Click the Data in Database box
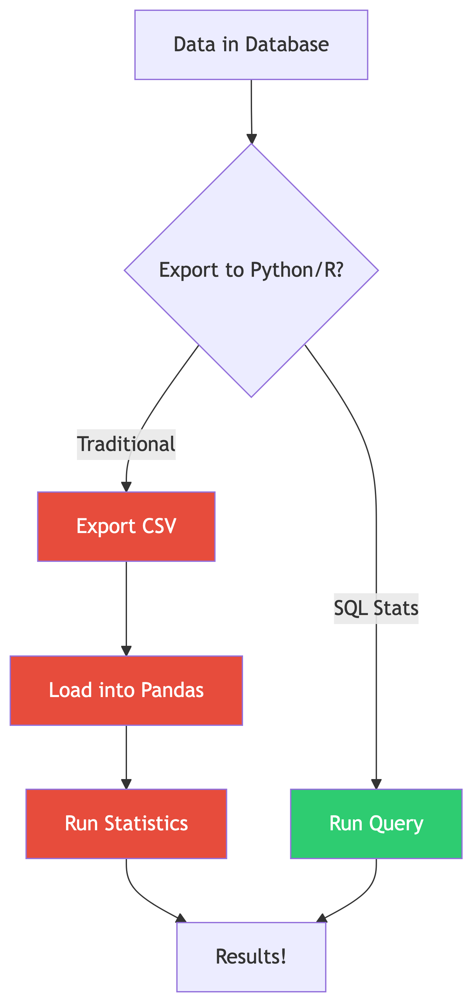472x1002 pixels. (251, 45)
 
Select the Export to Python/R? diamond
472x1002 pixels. (251, 270)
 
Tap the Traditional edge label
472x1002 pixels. (126, 444)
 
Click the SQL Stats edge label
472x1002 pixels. (376, 608)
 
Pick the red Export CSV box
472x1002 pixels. (126, 526)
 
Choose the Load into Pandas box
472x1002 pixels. (126, 690)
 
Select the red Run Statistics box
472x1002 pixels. (126, 824)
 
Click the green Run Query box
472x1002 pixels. (376, 824)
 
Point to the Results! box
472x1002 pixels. (251, 957)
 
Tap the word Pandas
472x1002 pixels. (172, 690)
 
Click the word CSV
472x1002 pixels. (159, 526)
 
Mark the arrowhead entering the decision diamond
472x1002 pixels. (252, 139)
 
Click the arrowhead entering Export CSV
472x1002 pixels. (126, 487)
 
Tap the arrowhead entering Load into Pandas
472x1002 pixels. (126, 651)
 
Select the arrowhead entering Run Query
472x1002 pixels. (376, 784)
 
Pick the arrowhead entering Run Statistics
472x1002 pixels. (126, 784)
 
